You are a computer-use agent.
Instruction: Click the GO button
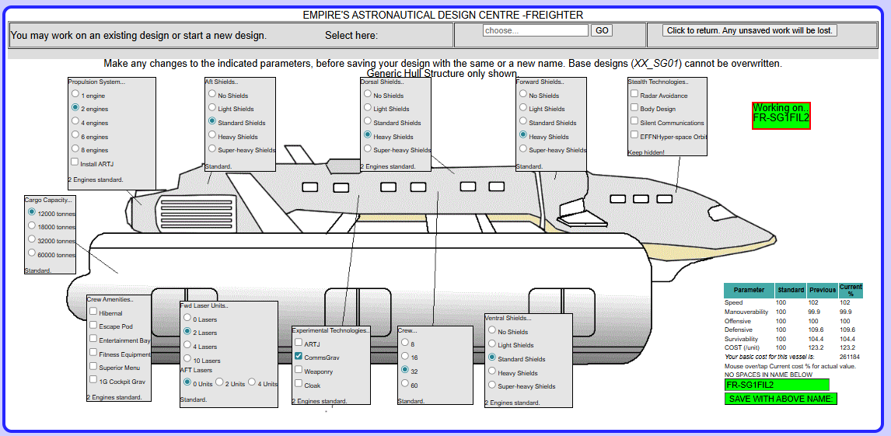tap(602, 30)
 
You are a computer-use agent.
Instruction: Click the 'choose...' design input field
tap(535, 30)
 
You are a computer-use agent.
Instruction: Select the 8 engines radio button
tap(75, 149)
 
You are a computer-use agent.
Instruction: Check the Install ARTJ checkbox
tap(75, 162)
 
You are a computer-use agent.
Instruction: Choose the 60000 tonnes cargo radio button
tap(31, 253)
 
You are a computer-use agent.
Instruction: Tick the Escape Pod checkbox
tap(93, 326)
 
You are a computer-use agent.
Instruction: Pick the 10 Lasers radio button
tap(187, 360)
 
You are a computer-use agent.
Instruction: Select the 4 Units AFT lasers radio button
tap(252, 382)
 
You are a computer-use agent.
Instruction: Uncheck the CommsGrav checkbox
tap(299, 357)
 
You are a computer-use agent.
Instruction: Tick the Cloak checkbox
tap(299, 384)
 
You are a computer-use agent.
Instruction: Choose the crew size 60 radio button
tap(404, 384)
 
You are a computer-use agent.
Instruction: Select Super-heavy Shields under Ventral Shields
tap(491, 385)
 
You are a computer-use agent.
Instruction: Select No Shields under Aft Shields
tap(211, 95)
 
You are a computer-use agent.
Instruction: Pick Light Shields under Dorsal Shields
tap(367, 108)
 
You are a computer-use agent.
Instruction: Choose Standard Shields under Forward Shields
tap(522, 122)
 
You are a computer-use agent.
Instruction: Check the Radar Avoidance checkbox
tap(634, 95)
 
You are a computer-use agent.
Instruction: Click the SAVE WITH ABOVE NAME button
tap(781, 399)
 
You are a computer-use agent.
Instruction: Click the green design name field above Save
tap(776, 384)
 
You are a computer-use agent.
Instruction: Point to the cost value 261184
tap(849, 357)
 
